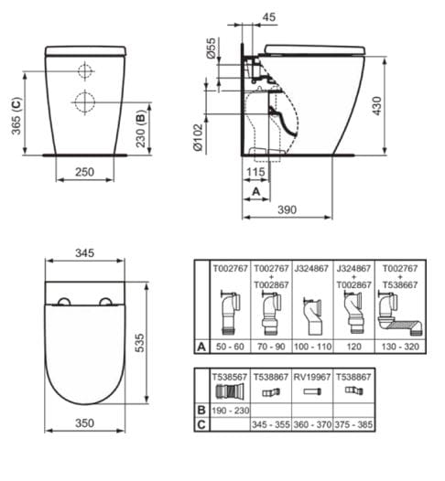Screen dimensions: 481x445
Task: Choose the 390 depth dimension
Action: pyautogui.click(x=287, y=211)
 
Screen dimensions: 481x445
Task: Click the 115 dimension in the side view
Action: pyautogui.click(x=256, y=171)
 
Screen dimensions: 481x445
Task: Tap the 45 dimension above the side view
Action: pyautogui.click(x=266, y=16)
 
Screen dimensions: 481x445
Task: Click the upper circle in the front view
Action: pyautogui.click(x=84, y=70)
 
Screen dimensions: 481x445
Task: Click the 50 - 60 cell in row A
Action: pyautogui.click(x=227, y=348)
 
